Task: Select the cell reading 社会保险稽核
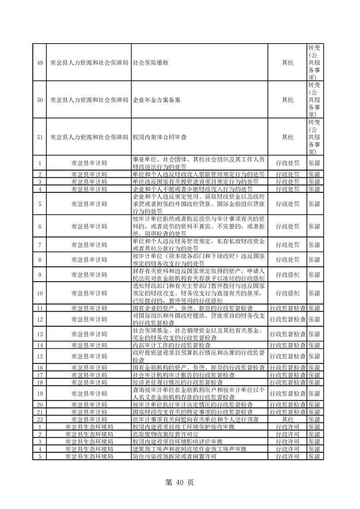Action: point(151,62)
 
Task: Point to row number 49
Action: point(40,62)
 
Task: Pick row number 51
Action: point(40,137)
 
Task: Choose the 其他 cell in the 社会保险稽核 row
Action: point(287,62)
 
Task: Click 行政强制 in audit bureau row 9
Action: point(287,274)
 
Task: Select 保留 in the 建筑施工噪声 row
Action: point(314,449)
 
